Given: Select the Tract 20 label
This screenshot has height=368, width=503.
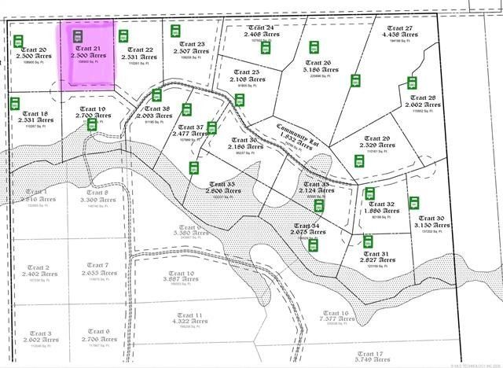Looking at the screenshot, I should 32,49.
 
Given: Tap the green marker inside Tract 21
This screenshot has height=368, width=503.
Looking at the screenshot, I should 77,36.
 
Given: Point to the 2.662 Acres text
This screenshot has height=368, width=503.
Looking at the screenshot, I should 421,105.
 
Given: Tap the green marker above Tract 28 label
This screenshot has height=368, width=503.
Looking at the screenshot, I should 411,83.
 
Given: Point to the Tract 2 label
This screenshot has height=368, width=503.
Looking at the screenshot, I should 39,267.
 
